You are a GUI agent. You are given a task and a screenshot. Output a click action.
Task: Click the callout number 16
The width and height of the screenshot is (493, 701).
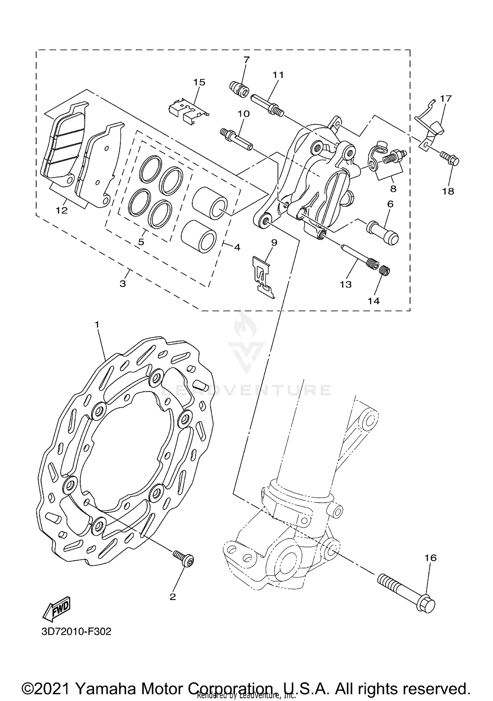coord(430,558)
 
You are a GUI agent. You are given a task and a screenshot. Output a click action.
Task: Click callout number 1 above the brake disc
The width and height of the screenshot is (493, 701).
coord(97,324)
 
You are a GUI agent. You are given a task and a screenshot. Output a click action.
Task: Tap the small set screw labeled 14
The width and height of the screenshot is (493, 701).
coord(385,271)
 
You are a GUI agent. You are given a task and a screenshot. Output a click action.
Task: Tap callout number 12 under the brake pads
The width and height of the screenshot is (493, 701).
coord(61,210)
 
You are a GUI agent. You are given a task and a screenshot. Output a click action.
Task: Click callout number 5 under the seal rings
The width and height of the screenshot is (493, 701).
coord(141,242)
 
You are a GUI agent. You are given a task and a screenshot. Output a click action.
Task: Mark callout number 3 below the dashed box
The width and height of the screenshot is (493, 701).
coord(123,283)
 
